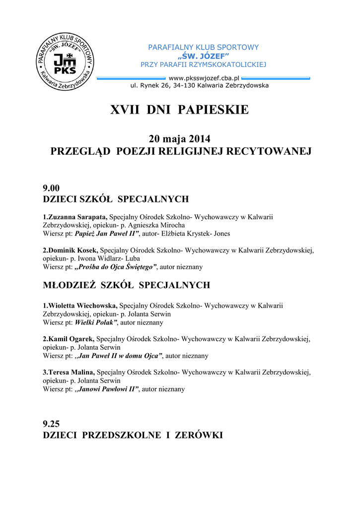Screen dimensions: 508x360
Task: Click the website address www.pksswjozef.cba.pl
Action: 204,78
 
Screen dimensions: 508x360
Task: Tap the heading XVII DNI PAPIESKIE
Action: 179,110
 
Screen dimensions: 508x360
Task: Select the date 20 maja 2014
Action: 179,139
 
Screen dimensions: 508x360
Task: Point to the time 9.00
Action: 51,188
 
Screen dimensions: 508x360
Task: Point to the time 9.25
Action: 51,424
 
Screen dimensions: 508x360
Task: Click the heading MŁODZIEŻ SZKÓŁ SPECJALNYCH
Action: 127,285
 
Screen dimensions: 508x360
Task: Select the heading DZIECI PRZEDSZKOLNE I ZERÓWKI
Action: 133,436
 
